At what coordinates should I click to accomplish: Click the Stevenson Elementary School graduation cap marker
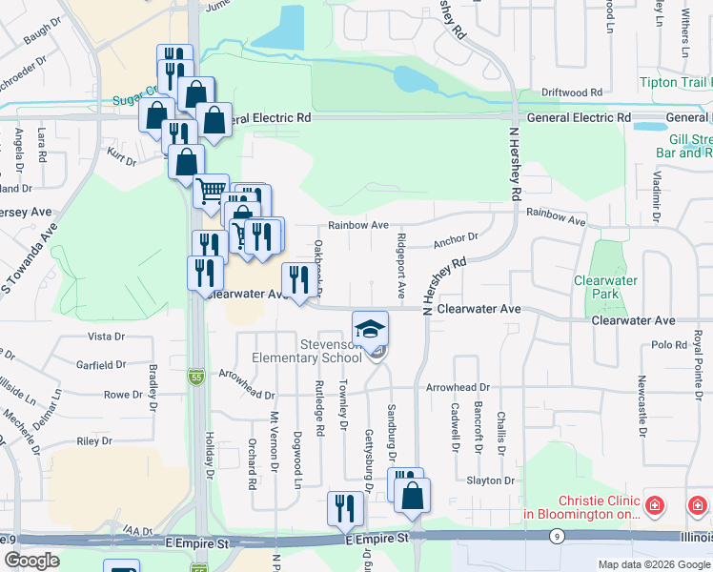370,328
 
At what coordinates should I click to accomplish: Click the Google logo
31,561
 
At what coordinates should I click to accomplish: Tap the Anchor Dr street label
455,237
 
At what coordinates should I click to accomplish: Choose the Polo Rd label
669,345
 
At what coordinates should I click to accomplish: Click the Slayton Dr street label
490,480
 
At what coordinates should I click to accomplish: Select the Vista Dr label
106,337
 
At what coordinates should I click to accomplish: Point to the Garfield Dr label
102,365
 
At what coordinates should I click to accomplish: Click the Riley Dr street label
94,441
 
